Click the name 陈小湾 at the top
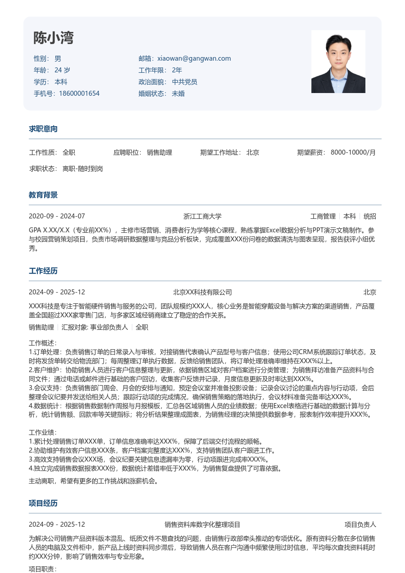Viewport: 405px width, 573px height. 53,39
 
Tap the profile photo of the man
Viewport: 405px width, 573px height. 338,62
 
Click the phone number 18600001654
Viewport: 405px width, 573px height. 79,93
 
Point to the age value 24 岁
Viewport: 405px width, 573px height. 62,70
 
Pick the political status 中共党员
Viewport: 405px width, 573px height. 184,82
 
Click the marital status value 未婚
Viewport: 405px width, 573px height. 178,93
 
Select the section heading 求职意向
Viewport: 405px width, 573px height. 43,129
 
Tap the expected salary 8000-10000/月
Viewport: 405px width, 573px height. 353,152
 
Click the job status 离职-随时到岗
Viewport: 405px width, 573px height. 83,169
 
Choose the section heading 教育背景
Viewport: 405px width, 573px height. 43,195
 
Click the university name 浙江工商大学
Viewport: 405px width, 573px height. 202,216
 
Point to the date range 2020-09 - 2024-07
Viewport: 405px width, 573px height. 57,216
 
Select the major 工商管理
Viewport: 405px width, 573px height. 323,216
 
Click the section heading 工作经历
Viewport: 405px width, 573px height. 43,271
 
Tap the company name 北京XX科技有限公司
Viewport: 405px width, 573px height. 202,292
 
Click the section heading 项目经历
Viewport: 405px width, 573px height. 43,503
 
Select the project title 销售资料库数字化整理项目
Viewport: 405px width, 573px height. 202,524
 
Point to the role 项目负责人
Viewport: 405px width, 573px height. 360,524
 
